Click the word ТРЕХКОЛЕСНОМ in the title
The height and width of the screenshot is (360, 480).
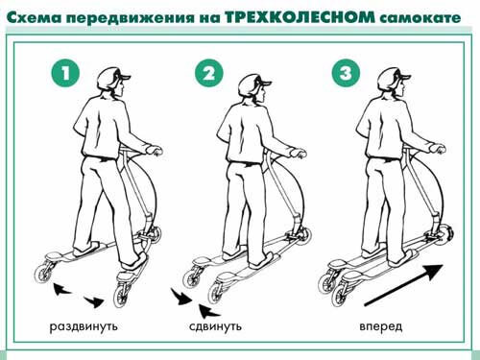click(x=300, y=17)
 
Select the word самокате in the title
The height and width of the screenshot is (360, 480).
click(x=420, y=18)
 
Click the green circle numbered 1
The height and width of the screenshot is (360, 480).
click(x=65, y=73)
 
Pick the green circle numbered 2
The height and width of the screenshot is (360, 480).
click(x=208, y=73)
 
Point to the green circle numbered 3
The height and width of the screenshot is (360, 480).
click(x=346, y=73)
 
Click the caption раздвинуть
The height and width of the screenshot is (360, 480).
click(x=84, y=327)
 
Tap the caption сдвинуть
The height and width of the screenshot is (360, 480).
click(x=215, y=326)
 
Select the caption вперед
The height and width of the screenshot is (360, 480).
click(x=381, y=326)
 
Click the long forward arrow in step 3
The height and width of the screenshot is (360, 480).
click(x=404, y=285)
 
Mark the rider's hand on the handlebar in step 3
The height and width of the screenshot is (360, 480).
click(x=438, y=149)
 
